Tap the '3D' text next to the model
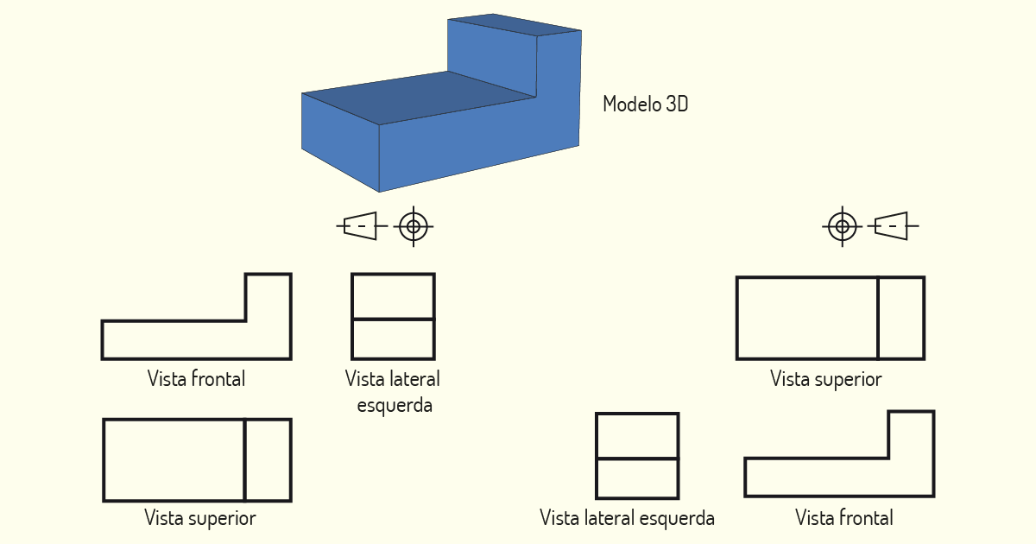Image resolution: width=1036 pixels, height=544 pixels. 677,104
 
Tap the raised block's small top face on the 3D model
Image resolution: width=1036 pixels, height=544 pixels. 515,24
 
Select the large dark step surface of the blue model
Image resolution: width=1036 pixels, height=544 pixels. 419,98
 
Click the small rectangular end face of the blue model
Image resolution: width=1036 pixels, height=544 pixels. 340,141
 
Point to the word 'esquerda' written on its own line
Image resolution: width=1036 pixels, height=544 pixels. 395,406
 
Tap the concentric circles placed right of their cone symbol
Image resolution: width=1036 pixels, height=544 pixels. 414,226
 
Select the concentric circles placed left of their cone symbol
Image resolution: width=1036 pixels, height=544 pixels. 843,226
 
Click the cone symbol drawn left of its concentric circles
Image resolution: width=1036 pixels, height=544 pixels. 362,226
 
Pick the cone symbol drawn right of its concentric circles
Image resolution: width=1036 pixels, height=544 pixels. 893,226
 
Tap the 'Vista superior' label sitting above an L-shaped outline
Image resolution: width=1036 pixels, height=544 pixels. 826,379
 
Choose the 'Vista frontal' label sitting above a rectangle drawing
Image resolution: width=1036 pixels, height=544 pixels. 197,379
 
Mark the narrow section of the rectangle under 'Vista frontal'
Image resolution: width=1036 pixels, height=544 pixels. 268,459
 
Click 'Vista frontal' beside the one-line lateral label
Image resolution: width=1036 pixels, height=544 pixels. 844,518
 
